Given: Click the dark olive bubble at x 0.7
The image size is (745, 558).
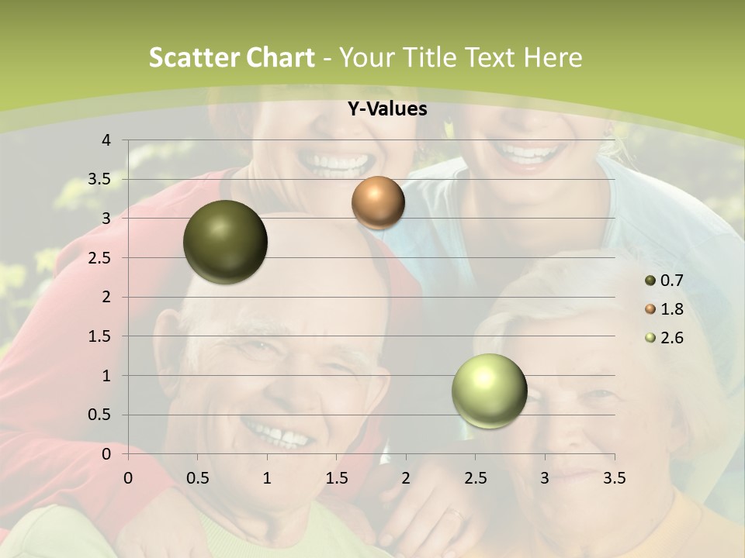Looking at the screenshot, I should coord(225,242).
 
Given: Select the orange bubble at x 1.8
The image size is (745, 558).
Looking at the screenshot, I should coord(378,202).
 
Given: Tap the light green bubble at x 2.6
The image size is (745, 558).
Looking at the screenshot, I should coord(489,391).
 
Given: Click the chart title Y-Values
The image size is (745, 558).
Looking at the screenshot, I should coord(386,109).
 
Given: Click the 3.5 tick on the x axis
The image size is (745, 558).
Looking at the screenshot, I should coord(614,478).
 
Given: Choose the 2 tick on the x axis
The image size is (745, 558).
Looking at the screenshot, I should coord(406,478).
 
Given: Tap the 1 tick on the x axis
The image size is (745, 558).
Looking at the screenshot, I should coord(267,478).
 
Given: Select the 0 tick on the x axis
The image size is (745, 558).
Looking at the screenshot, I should coord(128,478).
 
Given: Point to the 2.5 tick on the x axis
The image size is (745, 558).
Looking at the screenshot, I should coord(475,478).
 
